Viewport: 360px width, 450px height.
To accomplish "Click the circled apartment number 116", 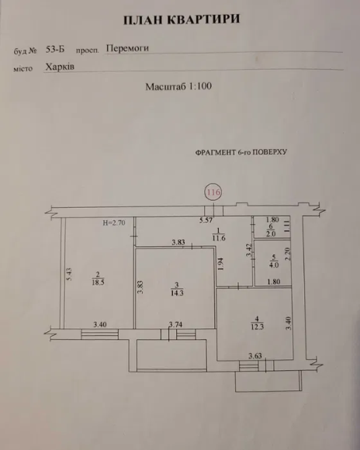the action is [x=213, y=192].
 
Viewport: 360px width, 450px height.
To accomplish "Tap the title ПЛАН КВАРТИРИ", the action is [x=182, y=19].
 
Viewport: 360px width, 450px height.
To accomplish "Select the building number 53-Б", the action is [x=55, y=49].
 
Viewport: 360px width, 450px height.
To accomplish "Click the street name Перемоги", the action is [x=127, y=48].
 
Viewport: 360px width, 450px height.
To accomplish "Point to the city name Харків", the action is [x=60, y=67].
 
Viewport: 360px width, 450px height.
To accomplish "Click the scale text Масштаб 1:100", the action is [x=178, y=86].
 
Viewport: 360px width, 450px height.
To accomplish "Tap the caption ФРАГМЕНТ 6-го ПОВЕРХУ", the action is [x=241, y=152].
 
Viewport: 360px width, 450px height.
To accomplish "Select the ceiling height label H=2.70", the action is [x=114, y=223].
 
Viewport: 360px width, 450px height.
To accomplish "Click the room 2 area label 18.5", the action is [x=98, y=282].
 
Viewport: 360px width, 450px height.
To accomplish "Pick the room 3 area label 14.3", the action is [x=177, y=293].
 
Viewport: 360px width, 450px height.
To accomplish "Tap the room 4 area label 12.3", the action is [x=258, y=327].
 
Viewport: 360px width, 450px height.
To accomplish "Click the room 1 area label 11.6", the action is [x=219, y=238].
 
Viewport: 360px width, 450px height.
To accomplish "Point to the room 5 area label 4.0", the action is [x=274, y=265].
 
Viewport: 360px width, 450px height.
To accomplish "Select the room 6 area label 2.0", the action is [x=271, y=234].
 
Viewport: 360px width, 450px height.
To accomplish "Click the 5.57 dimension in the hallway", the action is [x=206, y=220].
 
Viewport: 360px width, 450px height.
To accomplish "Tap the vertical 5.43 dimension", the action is [x=69, y=275].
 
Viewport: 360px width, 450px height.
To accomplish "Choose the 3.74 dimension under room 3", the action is [x=175, y=324].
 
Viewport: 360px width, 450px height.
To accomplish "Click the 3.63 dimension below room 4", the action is [x=255, y=356].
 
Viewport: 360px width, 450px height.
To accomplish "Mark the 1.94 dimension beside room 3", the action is [x=220, y=265].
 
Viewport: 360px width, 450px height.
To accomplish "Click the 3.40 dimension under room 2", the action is [x=100, y=324].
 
